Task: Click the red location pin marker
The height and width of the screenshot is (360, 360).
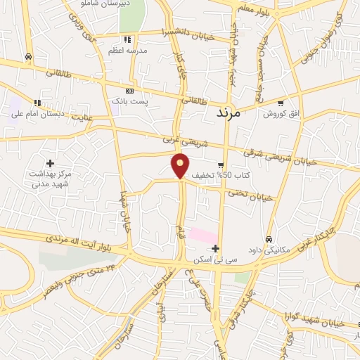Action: pyautogui.click(x=181, y=165)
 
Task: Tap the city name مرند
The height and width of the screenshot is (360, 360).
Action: pyautogui.click(x=229, y=112)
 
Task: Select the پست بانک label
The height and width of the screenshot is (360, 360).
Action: pyautogui.click(x=133, y=102)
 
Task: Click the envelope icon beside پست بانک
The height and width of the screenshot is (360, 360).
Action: pyautogui.click(x=129, y=91)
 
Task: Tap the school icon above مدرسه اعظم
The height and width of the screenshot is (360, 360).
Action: pyautogui.click(x=127, y=39)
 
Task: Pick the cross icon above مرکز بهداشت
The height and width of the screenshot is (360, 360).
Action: pyautogui.click(x=50, y=163)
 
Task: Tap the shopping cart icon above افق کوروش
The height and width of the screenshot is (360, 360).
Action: pyautogui.click(x=281, y=103)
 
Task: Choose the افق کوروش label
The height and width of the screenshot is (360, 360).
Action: pyautogui.click(x=281, y=114)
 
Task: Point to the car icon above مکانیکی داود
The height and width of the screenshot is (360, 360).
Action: pyautogui.click(x=269, y=239)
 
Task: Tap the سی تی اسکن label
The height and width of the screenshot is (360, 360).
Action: pyautogui.click(x=215, y=259)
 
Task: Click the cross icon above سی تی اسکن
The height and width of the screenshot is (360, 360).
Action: pyautogui.click(x=215, y=248)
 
